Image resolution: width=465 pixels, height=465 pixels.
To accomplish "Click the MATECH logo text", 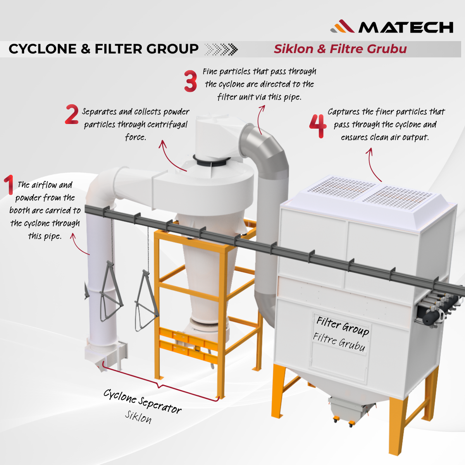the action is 406,27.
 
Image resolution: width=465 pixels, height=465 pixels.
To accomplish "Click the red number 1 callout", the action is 9,184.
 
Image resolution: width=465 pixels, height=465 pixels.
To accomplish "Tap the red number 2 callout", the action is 72,114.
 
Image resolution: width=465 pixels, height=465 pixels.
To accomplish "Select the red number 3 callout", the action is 190,81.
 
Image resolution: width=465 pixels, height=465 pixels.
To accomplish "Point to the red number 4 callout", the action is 318,126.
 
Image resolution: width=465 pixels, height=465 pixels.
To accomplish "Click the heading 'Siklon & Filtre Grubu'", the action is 340,49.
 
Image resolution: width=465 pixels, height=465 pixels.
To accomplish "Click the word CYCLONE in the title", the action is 43,49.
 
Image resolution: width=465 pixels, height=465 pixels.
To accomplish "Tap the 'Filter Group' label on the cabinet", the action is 343,326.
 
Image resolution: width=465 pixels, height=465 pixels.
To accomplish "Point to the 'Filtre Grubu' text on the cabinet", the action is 339,342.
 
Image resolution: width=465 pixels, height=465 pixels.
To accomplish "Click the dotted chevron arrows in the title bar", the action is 221,49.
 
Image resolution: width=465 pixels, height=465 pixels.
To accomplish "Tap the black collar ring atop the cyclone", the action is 212,161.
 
